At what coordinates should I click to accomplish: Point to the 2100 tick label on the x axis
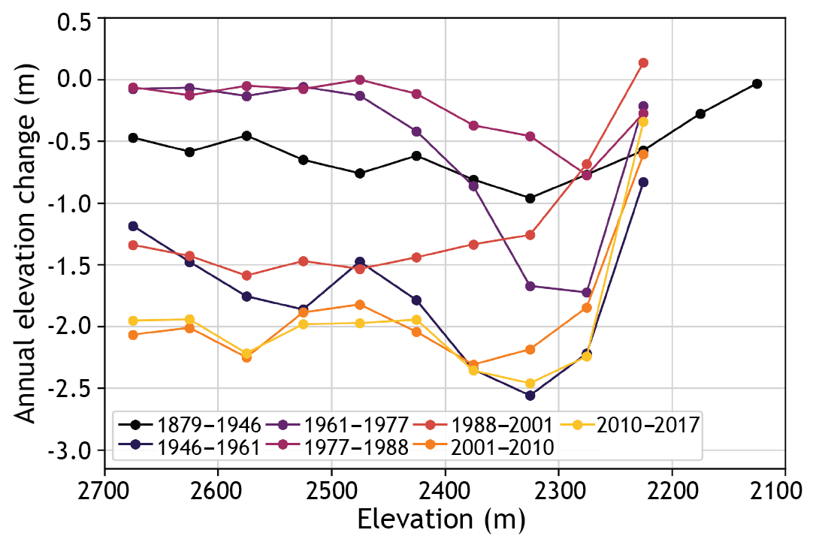pyautogui.click(x=785, y=488)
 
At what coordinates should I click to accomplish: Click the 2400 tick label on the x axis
pyautogui.click(x=445, y=488)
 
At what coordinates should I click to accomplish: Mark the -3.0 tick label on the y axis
pyautogui.click(x=71, y=450)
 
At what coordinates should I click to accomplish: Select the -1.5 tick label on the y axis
pyautogui.click(x=71, y=265)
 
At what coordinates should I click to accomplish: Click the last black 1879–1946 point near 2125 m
pyautogui.click(x=757, y=83)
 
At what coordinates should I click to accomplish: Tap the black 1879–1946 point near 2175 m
pyautogui.click(x=700, y=113)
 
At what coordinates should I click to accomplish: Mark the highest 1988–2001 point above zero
pyautogui.click(x=643, y=63)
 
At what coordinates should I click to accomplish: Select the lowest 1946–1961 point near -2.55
pyautogui.click(x=530, y=396)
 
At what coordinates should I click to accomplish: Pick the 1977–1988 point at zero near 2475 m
pyautogui.click(x=360, y=80)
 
